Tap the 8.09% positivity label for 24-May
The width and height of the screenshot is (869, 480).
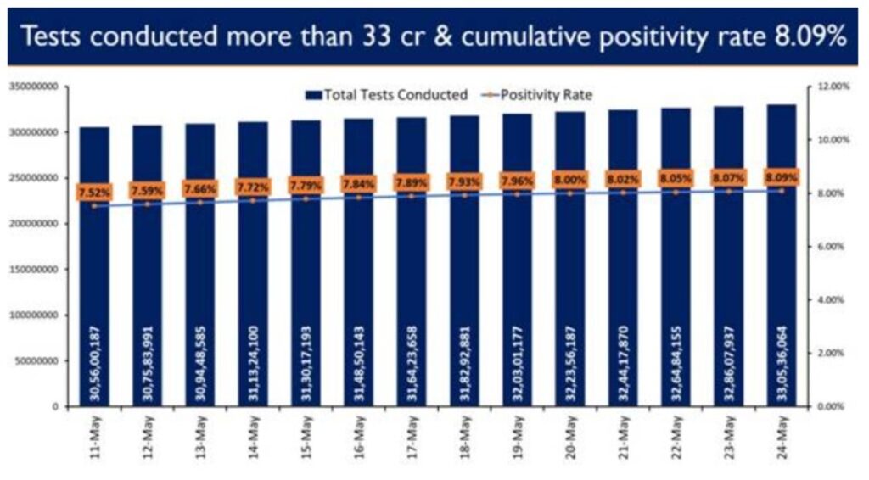[x=782, y=177]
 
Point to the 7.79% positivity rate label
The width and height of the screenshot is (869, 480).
[x=305, y=184]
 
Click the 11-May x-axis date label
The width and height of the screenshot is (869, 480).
[x=94, y=438]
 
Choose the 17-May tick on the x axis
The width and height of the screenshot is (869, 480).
[x=411, y=438]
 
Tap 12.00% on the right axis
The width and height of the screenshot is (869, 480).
[x=832, y=87]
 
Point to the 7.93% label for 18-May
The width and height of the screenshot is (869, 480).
[x=464, y=181]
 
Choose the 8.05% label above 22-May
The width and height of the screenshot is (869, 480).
[x=676, y=179]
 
